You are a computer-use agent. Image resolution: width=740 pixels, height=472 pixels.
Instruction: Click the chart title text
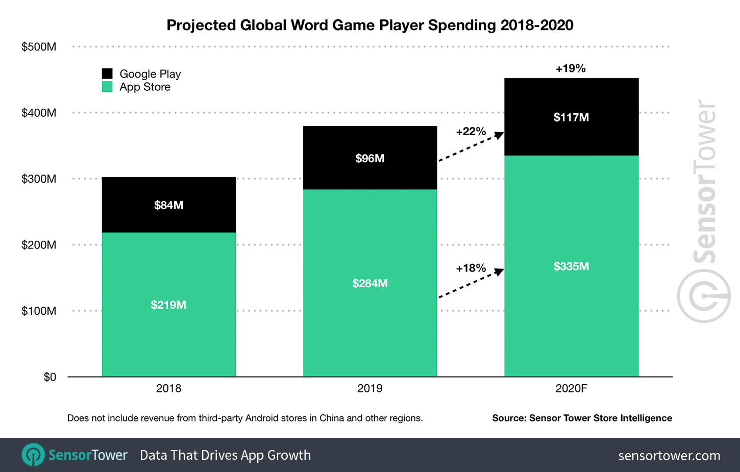(370, 25)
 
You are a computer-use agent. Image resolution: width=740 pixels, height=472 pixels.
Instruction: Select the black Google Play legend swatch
(107, 73)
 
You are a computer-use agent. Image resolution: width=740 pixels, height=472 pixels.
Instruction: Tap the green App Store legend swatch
(107, 87)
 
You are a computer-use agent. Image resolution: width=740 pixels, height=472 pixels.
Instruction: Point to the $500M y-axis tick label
(39, 47)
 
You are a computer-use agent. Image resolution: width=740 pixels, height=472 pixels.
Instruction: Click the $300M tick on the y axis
(39, 179)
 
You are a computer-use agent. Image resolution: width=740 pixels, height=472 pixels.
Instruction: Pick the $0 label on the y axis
(50, 377)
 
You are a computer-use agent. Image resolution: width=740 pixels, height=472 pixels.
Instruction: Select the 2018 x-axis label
(168, 388)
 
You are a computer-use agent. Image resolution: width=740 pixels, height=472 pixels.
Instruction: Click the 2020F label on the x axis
(571, 388)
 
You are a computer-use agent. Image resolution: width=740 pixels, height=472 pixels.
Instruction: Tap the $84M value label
(168, 205)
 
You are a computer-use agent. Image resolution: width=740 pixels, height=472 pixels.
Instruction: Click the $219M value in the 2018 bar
(168, 305)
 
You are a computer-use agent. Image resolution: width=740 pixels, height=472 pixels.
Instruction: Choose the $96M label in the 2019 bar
(370, 158)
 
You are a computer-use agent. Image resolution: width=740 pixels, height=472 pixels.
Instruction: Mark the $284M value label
(370, 283)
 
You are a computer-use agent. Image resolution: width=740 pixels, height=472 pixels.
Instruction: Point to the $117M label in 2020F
(571, 117)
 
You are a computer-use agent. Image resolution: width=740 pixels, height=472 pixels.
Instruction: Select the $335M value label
(571, 266)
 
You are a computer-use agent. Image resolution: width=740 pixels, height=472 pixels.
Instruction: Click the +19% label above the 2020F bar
(571, 68)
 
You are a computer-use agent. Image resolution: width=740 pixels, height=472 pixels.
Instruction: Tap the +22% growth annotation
(471, 132)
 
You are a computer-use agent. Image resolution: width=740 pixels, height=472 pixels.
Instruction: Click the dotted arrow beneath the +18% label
(471, 284)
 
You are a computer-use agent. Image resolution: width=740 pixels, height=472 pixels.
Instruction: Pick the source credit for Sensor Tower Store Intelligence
(582, 418)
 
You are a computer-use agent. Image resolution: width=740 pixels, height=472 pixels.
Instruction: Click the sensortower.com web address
(669, 456)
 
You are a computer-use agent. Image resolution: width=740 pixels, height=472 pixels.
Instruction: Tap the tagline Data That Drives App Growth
(225, 455)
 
